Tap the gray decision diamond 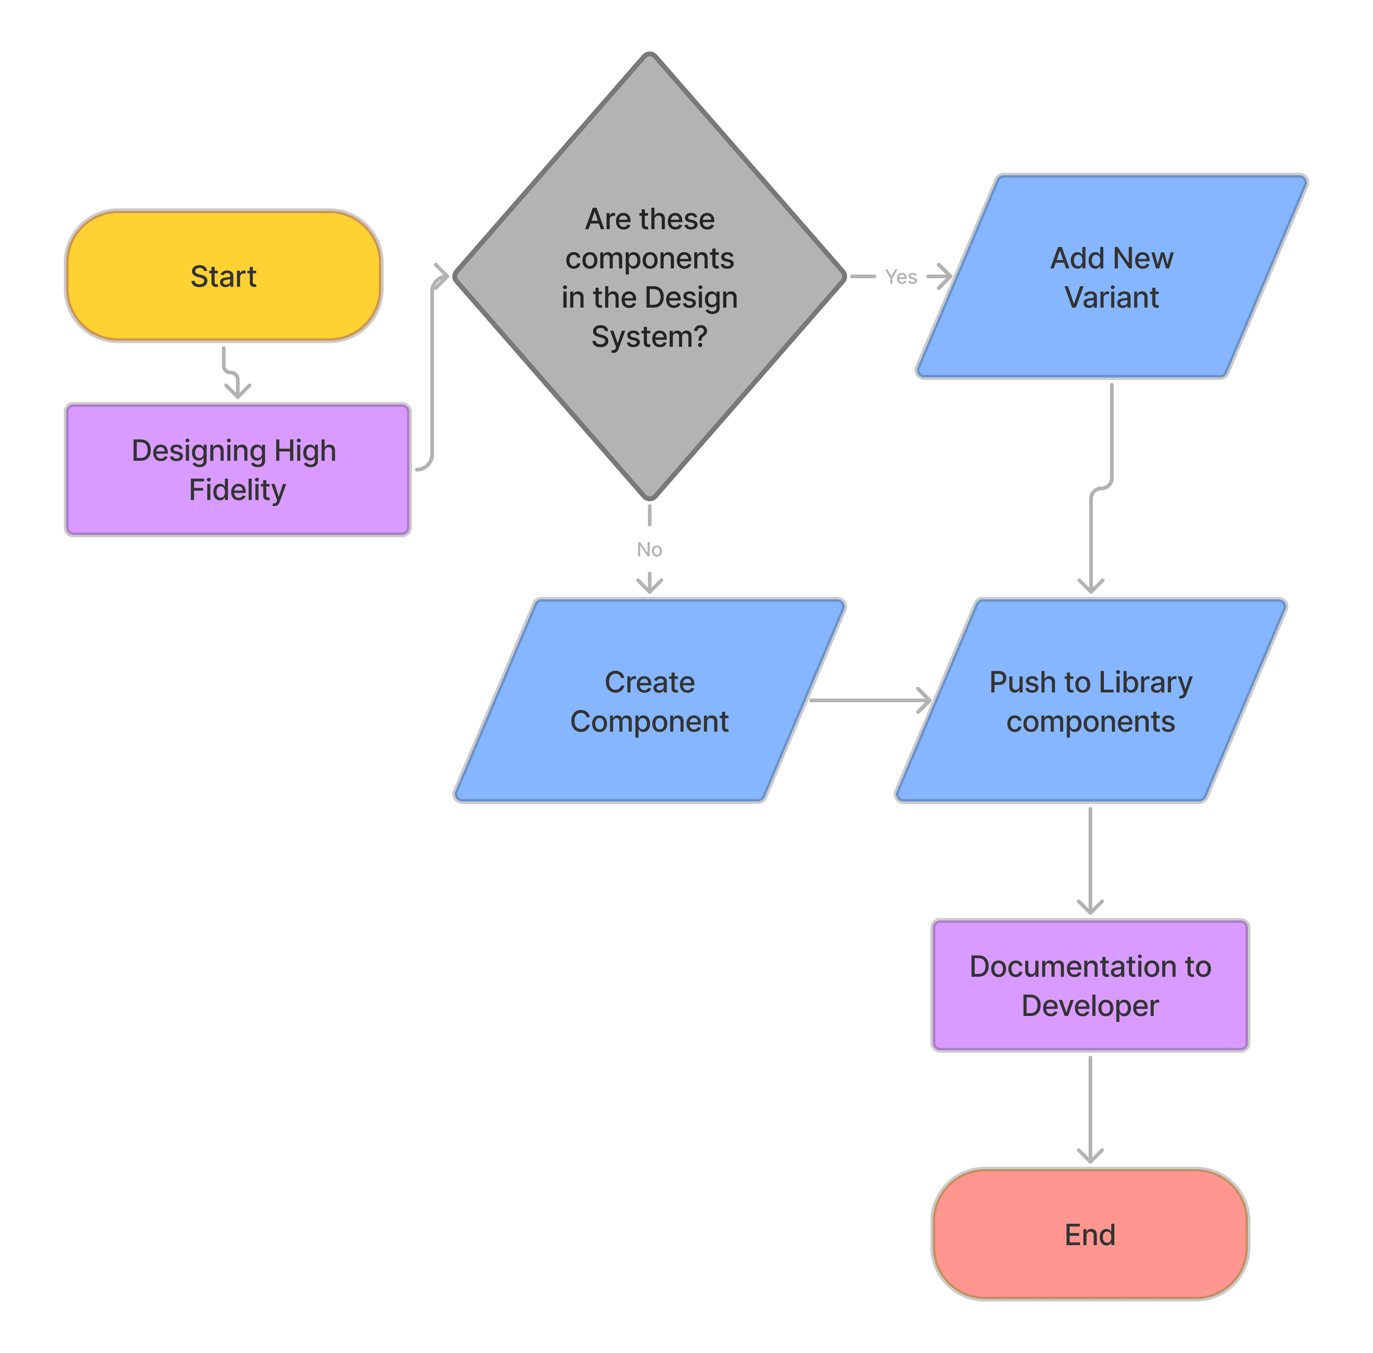click(649, 276)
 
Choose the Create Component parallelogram click(649, 701)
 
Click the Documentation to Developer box click(1090, 986)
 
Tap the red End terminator click(1090, 1234)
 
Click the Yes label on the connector click(901, 277)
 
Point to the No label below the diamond click(649, 549)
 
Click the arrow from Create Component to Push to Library click(871, 701)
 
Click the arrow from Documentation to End click(1090, 1109)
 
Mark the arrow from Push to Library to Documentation click(1090, 861)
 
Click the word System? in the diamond click(649, 337)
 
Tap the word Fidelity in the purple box click(237, 490)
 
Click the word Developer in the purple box click(1090, 1006)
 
